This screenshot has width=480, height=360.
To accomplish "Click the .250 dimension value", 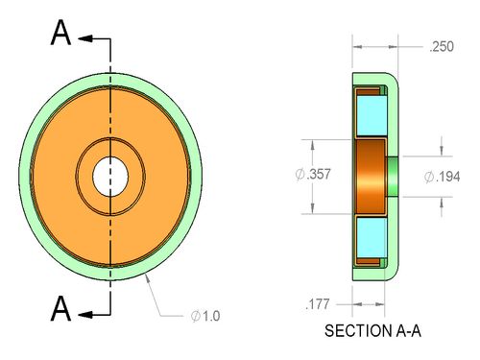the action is [442, 47].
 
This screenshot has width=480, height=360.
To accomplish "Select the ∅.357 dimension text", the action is [313, 175].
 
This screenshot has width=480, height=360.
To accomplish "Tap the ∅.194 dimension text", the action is [443, 177].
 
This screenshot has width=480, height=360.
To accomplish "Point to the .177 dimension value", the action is [317, 304].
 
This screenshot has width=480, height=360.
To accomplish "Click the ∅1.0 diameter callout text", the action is [205, 316].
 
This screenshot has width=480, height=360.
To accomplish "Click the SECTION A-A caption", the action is [372, 331].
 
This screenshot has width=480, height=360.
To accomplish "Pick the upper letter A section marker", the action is [60, 33].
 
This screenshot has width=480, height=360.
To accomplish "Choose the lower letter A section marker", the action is [60, 308].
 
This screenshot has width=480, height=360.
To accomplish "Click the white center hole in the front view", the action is [110, 177].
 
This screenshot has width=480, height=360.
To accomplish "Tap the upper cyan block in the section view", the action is [372, 115].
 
